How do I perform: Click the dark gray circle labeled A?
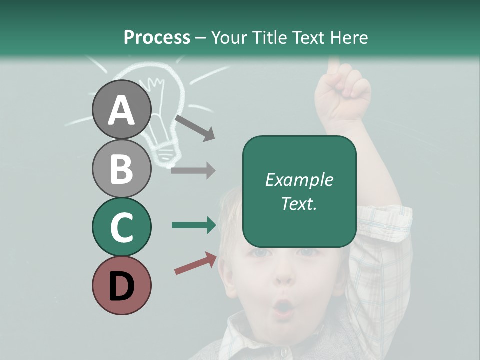coord(121,109)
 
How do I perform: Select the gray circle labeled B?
coord(121,168)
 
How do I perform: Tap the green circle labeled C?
coord(121,227)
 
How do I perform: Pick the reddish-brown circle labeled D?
coord(121,285)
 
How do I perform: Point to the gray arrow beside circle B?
coord(193,171)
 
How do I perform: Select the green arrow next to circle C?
coord(194,225)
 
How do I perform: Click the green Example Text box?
coord(299,192)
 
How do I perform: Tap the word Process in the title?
coord(157,37)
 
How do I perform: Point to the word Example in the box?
coord(299,180)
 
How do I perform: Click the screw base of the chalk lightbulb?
coord(166,150)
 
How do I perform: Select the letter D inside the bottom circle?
coord(121,286)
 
